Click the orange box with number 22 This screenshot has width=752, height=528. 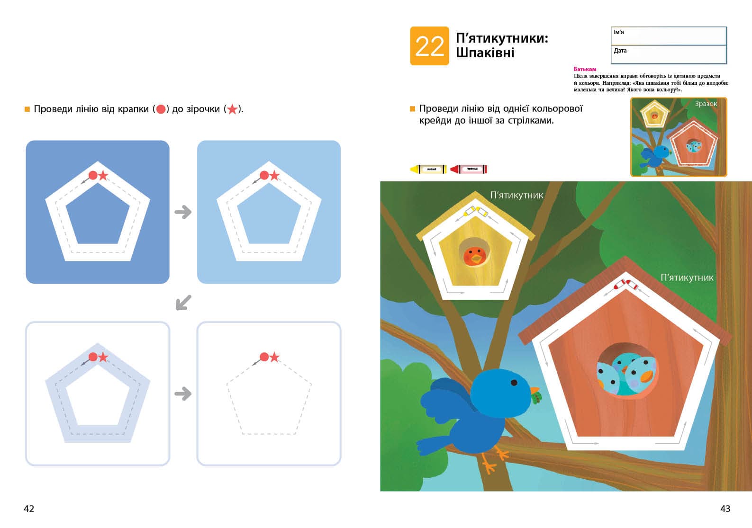(x=429, y=46)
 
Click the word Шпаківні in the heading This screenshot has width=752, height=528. (x=485, y=53)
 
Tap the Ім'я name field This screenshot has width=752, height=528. (x=668, y=36)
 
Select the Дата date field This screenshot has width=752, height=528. (x=668, y=54)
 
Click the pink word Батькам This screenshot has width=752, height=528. (x=585, y=69)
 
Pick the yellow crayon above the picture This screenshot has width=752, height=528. (x=428, y=169)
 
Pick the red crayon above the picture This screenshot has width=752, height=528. (x=469, y=169)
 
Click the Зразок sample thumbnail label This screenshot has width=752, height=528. (x=706, y=104)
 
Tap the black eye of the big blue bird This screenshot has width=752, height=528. (x=514, y=382)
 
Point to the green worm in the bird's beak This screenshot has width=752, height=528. (x=537, y=398)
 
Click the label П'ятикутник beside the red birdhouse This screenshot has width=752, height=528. (x=687, y=277)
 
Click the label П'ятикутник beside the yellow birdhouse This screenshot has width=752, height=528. (x=516, y=195)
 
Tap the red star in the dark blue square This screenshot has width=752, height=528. (x=103, y=176)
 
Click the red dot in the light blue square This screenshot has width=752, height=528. (x=264, y=176)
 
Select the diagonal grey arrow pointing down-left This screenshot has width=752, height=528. (x=183, y=303)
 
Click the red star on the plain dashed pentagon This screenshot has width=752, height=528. (x=274, y=357)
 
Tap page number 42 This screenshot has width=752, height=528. (x=29, y=509)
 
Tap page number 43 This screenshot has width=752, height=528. (x=725, y=509)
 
